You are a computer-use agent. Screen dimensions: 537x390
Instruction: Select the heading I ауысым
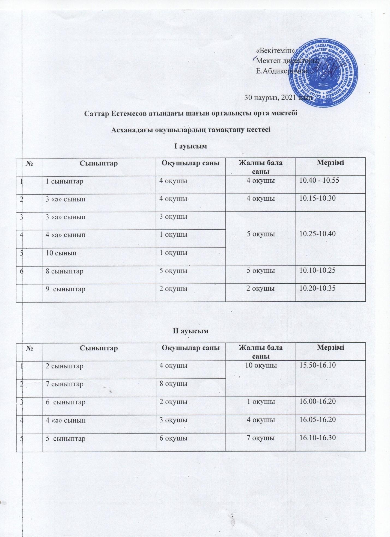coord(190,146)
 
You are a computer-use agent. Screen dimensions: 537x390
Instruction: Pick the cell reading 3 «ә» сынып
coord(66,199)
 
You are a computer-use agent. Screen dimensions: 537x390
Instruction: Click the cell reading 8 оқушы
coord(173,384)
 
